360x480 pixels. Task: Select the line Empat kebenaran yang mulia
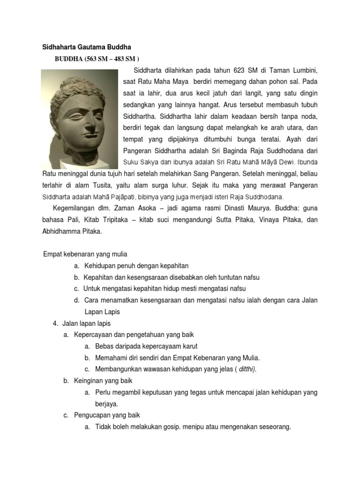click(85, 255)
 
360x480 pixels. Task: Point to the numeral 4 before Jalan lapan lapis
click(55, 323)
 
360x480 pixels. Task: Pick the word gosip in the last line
click(169, 427)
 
